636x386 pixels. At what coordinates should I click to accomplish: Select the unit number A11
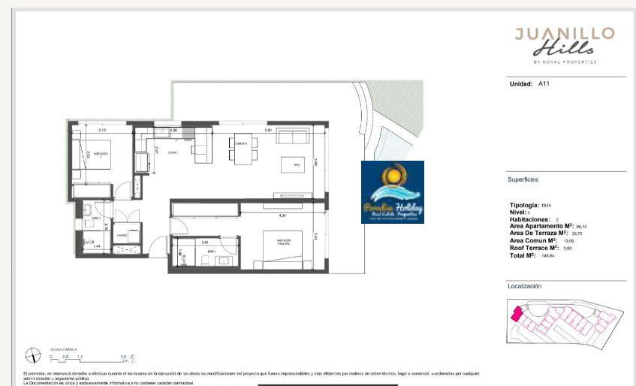pyautogui.click(x=544, y=84)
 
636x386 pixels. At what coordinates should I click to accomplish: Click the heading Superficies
pyautogui.click(x=523, y=179)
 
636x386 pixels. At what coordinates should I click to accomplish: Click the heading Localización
pyautogui.click(x=525, y=286)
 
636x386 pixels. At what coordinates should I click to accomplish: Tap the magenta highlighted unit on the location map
pyautogui.click(x=517, y=314)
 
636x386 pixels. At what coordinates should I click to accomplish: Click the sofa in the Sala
pyautogui.click(x=293, y=136)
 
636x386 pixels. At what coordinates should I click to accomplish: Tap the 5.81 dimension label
pyautogui.click(x=267, y=130)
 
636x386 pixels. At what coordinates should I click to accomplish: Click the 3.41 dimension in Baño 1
pyautogui.click(x=205, y=242)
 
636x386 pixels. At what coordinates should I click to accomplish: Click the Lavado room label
pyautogui.click(x=122, y=235)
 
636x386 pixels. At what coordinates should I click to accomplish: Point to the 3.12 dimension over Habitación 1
pyautogui.click(x=101, y=130)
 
